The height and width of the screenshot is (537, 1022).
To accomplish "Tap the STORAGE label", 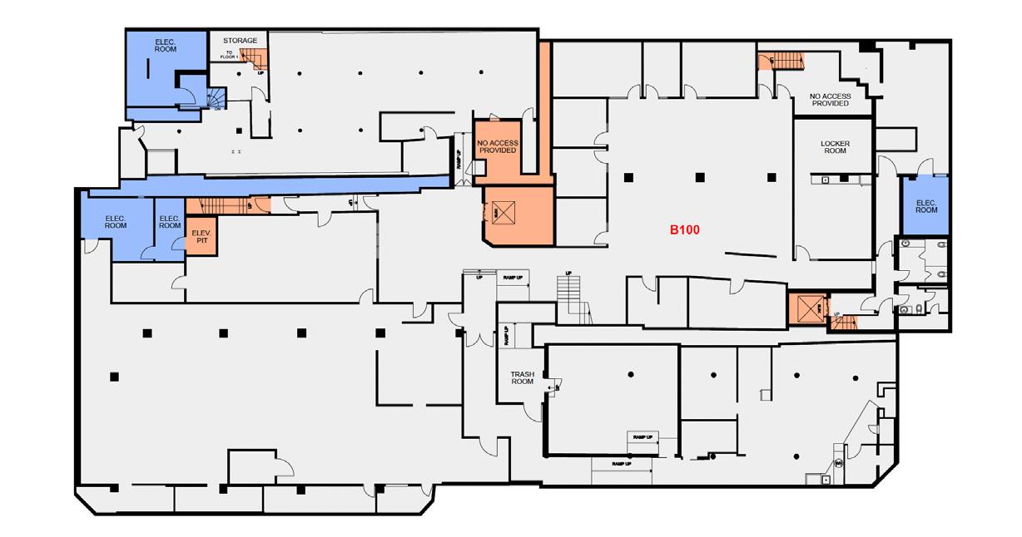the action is [x=240, y=40].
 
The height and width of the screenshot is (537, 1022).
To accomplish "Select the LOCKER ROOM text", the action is [x=835, y=148].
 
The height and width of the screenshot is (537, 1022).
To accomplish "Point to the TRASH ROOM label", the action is [x=522, y=377].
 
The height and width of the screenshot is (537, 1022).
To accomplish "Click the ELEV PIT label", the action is [x=200, y=237].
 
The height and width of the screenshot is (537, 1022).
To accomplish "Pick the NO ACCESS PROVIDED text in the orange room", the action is [x=498, y=146].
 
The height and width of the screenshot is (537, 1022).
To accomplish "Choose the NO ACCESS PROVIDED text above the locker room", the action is [x=830, y=100].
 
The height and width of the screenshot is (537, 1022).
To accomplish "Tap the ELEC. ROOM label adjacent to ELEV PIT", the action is [x=170, y=222].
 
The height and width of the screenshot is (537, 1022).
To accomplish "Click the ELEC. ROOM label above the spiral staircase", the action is [x=166, y=45].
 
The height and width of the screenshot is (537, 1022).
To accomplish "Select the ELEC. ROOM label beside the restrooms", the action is [x=926, y=206].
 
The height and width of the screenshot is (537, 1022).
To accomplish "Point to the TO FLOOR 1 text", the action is [x=229, y=55].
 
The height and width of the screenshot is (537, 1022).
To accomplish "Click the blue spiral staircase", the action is [x=216, y=98].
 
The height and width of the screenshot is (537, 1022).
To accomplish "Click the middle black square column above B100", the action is [x=700, y=176].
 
